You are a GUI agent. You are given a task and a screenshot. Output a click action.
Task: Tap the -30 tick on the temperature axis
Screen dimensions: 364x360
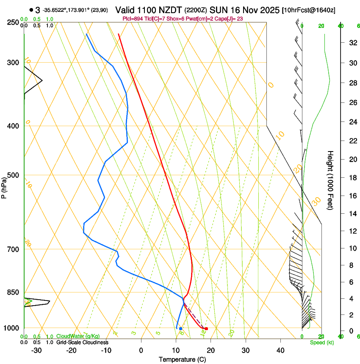[36, 350]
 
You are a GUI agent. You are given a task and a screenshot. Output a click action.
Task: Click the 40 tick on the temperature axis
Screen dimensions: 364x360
[280, 350]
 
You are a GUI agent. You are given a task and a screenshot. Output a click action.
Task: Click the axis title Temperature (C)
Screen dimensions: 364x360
[182, 359]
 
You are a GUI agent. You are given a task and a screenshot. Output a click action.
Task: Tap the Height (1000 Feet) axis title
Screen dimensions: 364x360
[331, 180]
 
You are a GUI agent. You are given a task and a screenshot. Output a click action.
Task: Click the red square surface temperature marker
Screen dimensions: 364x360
[206, 328]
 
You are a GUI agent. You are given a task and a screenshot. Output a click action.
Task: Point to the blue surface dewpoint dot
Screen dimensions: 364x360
[180, 328]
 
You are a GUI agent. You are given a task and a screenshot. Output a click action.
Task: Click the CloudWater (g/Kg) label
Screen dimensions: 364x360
[78, 336]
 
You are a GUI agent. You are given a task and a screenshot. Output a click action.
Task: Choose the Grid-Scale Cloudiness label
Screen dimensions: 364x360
[82, 342]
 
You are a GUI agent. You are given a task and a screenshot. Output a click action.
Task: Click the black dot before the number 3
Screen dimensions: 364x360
[31, 10]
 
